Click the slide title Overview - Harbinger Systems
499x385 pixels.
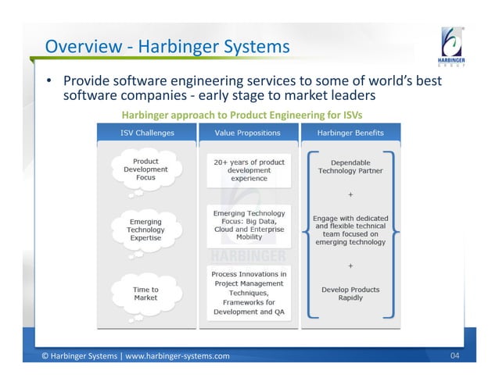(167, 48)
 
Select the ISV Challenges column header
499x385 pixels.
(146, 133)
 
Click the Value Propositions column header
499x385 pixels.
(249, 133)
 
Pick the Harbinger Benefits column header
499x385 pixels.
(349, 133)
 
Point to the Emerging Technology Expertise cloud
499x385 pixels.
(145, 230)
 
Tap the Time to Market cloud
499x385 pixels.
(145, 294)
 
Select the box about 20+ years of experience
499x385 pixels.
(249, 170)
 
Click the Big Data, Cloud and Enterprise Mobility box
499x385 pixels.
(249, 224)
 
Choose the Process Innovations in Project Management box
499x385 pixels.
(249, 291)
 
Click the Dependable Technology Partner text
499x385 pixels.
(350, 166)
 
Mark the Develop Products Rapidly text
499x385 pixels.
(350, 294)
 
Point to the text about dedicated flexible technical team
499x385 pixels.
(350, 230)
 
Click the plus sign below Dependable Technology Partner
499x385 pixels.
(350, 194)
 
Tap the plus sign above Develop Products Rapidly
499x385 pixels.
(350, 266)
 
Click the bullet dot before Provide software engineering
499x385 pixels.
(48, 80)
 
